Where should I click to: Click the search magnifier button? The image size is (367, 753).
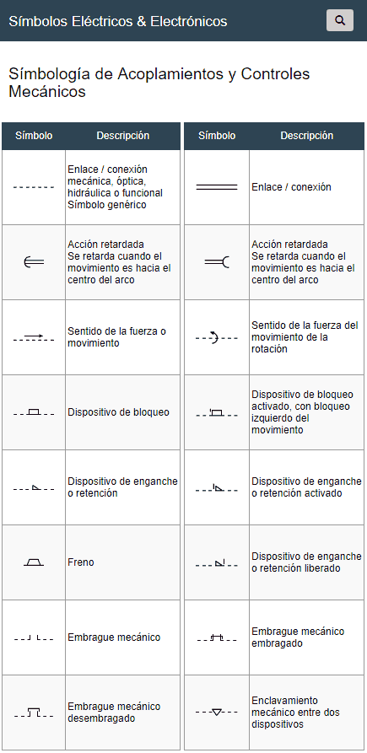pyautogui.click(x=339, y=20)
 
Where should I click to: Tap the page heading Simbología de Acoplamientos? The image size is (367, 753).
pyautogui.click(x=159, y=82)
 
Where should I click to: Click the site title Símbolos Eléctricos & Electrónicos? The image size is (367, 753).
pyautogui.click(x=118, y=20)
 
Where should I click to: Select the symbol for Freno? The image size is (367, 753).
pyautogui.click(x=34, y=562)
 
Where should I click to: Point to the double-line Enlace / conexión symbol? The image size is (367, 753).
pyautogui.click(x=217, y=187)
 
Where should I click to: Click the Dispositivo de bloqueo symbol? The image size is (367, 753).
pyautogui.click(x=34, y=412)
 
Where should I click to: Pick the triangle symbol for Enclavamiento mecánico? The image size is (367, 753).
pyautogui.click(x=217, y=712)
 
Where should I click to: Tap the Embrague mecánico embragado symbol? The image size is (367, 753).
pyautogui.click(x=217, y=637)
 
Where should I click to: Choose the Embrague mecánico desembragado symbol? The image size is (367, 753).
pyautogui.click(x=34, y=713)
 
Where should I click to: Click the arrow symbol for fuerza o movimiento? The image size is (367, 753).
pyautogui.click(x=34, y=337)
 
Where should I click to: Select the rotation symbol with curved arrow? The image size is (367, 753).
pyautogui.click(x=216, y=337)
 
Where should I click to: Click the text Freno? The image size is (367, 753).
pyautogui.click(x=81, y=562)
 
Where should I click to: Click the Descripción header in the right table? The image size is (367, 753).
pyautogui.click(x=306, y=136)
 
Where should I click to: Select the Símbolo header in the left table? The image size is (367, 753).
pyautogui.click(x=34, y=136)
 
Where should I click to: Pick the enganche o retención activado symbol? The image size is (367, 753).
pyautogui.click(x=217, y=487)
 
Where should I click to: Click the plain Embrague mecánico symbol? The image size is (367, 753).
pyautogui.click(x=34, y=637)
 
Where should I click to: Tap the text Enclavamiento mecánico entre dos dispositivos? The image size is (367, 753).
pyautogui.click(x=296, y=713)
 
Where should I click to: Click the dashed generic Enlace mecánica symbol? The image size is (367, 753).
pyautogui.click(x=34, y=187)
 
